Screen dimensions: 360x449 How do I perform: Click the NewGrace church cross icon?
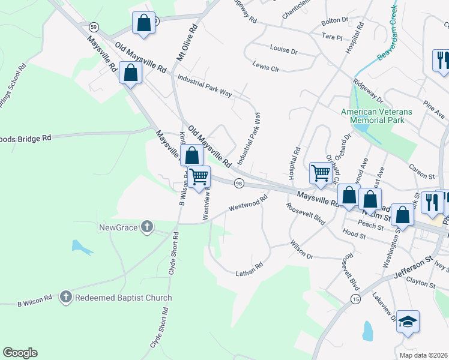coord(146,227)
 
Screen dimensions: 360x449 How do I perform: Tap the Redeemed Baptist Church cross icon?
coord(66,297)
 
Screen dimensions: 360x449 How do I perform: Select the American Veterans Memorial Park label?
coord(376,116)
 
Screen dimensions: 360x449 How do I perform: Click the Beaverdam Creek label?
coord(388,34)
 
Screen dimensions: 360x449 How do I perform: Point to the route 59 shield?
coord(93,27)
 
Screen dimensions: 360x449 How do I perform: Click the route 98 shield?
coord(239,183)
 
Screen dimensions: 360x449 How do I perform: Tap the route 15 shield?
coord(356,298)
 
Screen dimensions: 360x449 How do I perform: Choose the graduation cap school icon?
coord(408,322)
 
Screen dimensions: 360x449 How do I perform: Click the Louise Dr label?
coord(283,50)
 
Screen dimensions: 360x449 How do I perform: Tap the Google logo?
coord(20,353)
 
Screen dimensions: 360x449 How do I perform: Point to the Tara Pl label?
coord(331,37)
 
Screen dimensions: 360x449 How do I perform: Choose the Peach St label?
coord(371,226)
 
